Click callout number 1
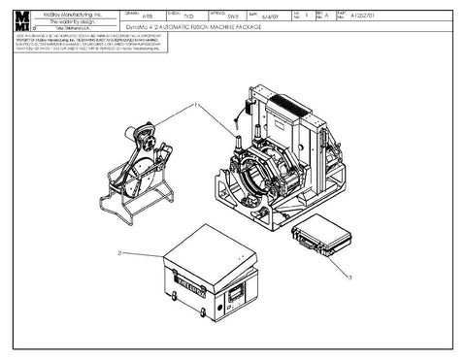194,103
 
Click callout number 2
118,252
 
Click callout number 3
347,278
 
